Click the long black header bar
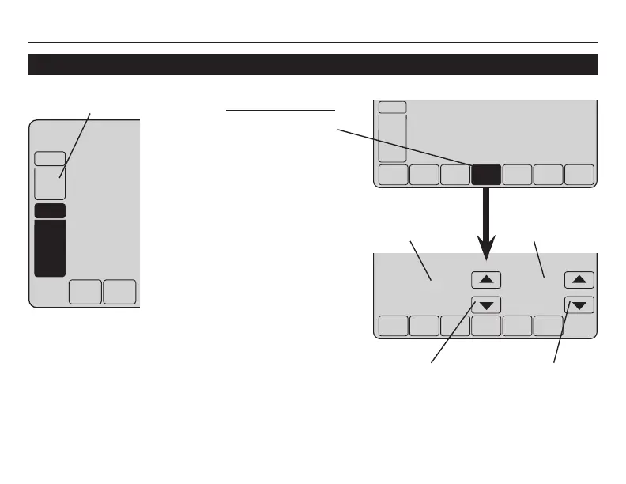point(312,64)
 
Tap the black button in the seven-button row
point(485,176)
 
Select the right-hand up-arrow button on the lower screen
point(579,279)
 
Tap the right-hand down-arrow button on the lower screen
point(579,304)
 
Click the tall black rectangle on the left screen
point(50,248)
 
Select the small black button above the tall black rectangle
point(50,211)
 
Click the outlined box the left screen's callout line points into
point(50,183)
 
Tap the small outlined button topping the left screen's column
point(50,158)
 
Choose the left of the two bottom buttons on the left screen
point(85,291)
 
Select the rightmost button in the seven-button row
point(579,176)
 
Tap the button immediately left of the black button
point(454,176)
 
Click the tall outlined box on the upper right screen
point(393,138)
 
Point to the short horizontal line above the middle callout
point(281,112)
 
